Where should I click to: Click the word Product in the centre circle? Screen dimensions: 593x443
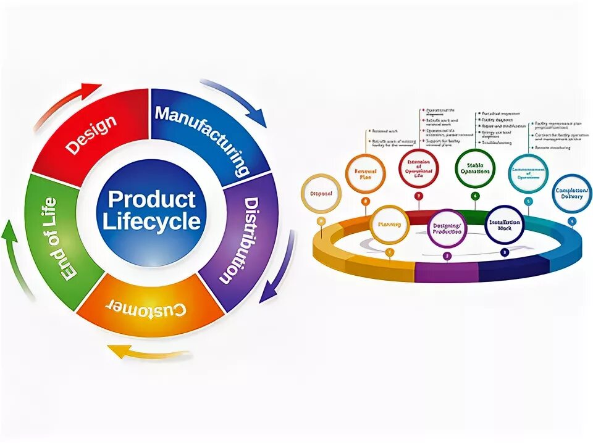pos(151,199)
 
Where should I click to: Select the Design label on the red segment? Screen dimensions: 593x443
pos(91,135)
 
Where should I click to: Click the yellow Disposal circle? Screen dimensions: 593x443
pos(320,194)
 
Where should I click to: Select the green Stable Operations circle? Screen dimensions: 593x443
pos(475,168)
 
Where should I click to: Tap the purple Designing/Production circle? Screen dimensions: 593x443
pos(447,228)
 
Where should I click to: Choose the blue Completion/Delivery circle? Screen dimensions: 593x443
pos(572,193)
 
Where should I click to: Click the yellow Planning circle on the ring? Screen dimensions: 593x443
pos(389,225)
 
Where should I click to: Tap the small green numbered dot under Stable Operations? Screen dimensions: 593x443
pos(475,196)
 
